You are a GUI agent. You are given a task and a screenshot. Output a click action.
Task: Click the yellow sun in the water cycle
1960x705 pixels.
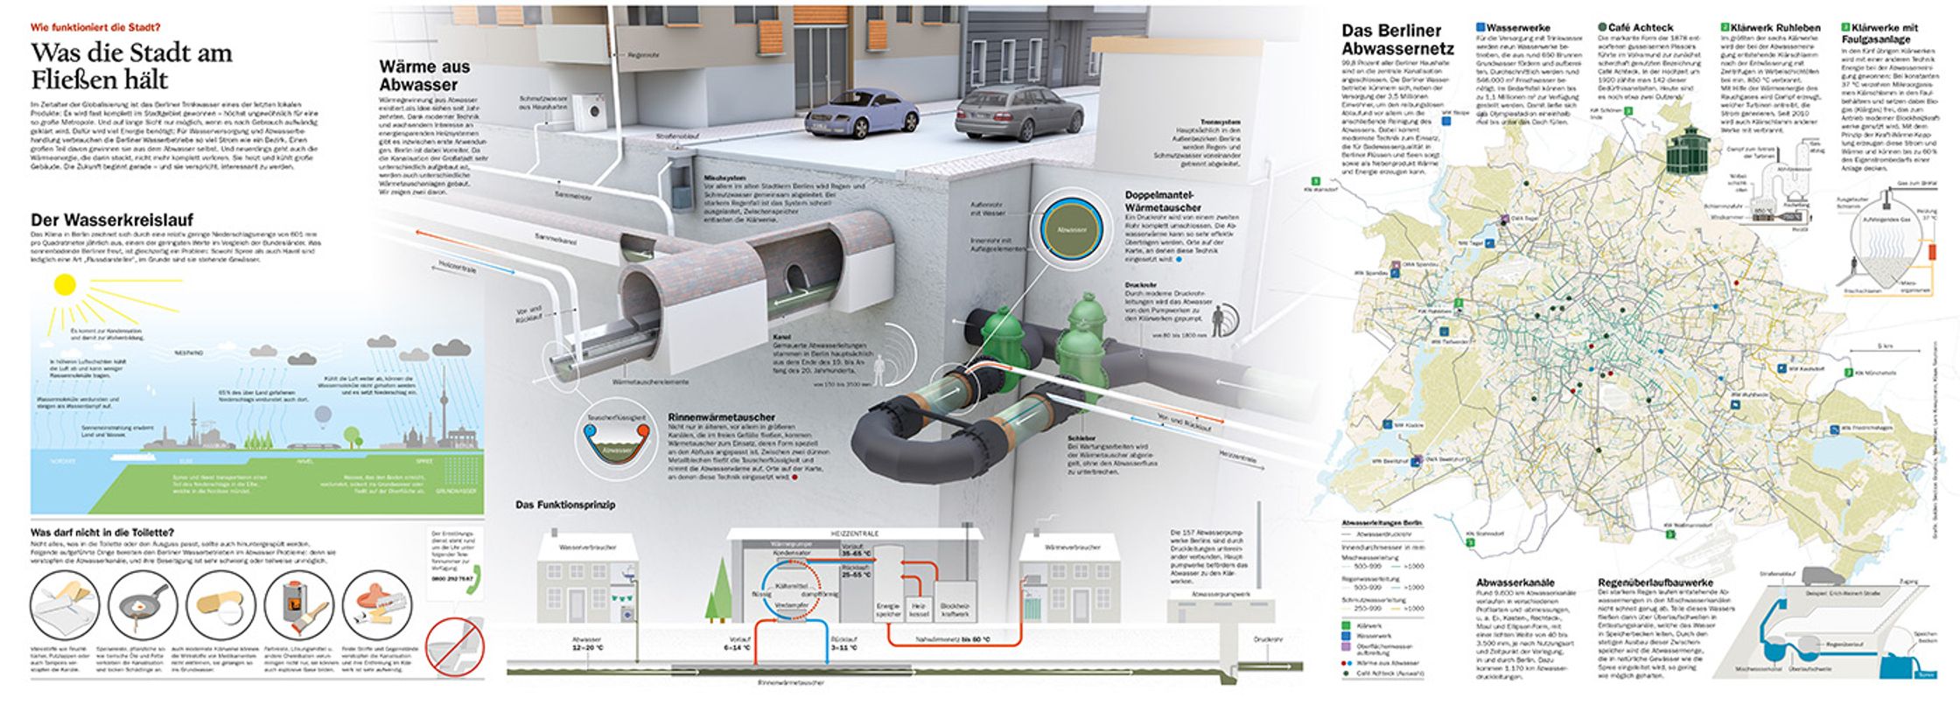[65, 285]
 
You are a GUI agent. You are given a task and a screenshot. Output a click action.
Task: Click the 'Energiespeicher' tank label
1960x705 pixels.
[889, 609]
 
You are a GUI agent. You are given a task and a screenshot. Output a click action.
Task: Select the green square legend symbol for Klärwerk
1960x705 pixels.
[1347, 626]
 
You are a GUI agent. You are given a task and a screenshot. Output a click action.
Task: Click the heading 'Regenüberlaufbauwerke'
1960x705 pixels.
[1655, 582]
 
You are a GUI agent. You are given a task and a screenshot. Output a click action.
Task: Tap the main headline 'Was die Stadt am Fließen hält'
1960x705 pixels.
[131, 66]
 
